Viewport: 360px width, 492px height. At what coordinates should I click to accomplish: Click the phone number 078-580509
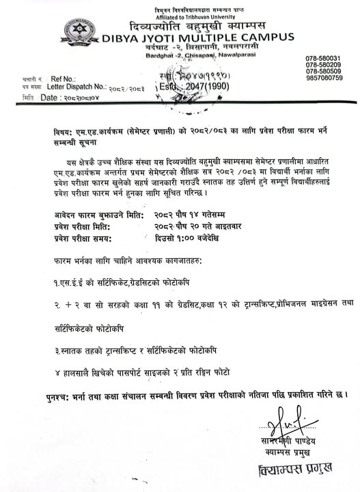pos(324,71)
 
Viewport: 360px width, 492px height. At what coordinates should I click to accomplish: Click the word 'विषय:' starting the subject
pos(64,131)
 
